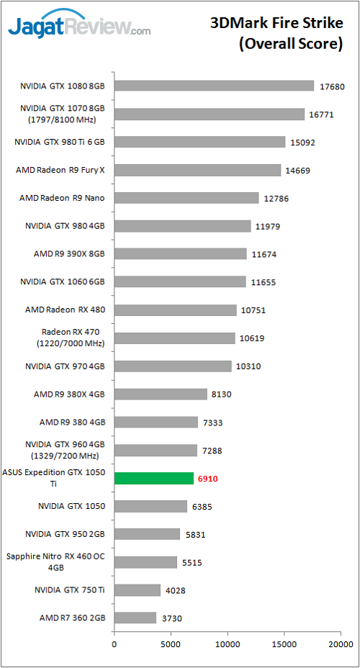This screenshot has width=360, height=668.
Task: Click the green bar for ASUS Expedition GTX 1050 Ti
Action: [x=153, y=478]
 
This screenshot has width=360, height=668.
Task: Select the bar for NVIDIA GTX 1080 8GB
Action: [x=214, y=86]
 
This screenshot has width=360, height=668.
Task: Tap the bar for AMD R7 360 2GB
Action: [x=135, y=618]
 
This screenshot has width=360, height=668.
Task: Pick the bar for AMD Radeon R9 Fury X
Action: [x=197, y=170]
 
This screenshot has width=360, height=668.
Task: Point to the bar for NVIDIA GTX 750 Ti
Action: [x=137, y=590]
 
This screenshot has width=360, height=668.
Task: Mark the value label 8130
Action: [x=222, y=394]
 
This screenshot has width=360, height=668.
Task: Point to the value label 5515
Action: [x=192, y=562]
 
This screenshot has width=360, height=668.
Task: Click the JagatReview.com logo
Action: [x=79, y=27]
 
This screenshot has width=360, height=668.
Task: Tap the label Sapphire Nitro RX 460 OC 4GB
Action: [x=55, y=561]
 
